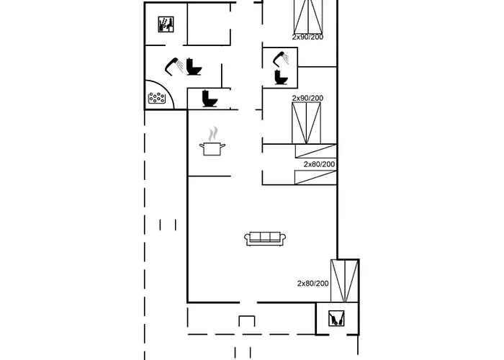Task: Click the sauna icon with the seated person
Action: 166,24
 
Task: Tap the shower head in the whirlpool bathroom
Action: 174,66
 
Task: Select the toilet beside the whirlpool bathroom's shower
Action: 194,67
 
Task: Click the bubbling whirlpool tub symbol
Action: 156,98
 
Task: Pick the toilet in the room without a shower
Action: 210,99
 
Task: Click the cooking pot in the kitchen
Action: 212,149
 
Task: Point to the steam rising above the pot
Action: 212,134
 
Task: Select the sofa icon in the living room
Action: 265,239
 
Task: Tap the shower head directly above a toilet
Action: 281,59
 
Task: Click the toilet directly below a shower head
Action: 281,78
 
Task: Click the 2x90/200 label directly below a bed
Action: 307,37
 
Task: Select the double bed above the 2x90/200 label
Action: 308,17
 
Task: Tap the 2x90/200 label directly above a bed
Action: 307,98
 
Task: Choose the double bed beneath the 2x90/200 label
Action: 306,123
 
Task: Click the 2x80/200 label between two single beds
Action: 319,164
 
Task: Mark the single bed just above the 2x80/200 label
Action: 316,151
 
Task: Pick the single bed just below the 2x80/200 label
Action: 315,177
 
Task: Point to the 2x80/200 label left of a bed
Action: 312,284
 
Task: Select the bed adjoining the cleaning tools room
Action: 345,281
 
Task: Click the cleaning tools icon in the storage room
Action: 336,318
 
